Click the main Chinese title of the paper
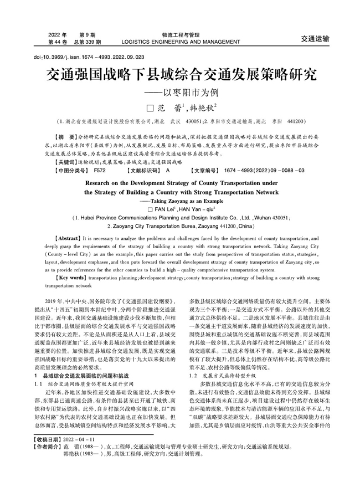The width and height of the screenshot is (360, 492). click(181, 75)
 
